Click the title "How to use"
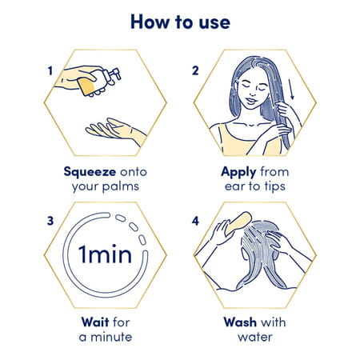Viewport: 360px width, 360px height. pos(180,22)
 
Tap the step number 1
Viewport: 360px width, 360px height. pos(50,71)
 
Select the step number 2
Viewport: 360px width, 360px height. pos(195,70)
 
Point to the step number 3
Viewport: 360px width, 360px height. pos(50,221)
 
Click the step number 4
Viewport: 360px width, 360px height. pos(195,221)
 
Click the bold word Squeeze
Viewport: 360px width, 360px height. pos(90,172)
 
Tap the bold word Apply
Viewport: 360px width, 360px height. pos(238,172)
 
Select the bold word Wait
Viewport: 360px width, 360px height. pos(95,322)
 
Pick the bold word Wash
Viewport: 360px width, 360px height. pos(240,322)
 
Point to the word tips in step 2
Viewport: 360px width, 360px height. pos(275,186)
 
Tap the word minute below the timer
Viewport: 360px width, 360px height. pos(111,337)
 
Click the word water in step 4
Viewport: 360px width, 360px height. pos(255,337)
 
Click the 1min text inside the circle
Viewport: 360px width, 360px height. pos(105,254)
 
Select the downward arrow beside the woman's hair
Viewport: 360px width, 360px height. pos(291,89)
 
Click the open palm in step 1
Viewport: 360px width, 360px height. pos(114,129)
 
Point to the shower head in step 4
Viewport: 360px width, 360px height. pos(238,224)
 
